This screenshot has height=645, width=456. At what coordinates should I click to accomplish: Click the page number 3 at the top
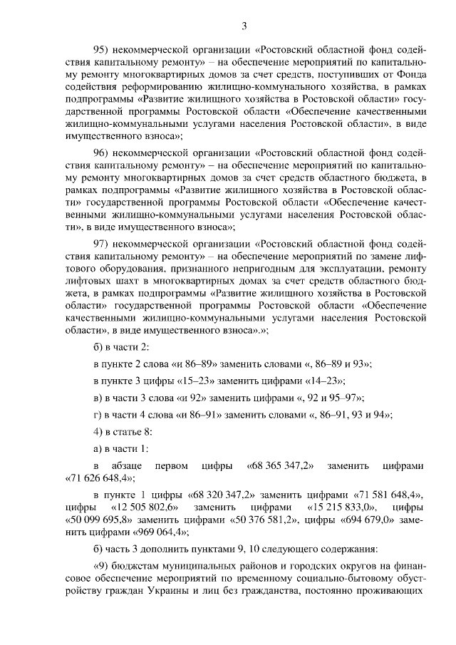(244, 26)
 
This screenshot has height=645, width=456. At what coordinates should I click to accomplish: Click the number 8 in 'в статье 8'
(147, 432)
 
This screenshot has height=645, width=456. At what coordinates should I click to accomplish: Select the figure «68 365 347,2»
(281, 466)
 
